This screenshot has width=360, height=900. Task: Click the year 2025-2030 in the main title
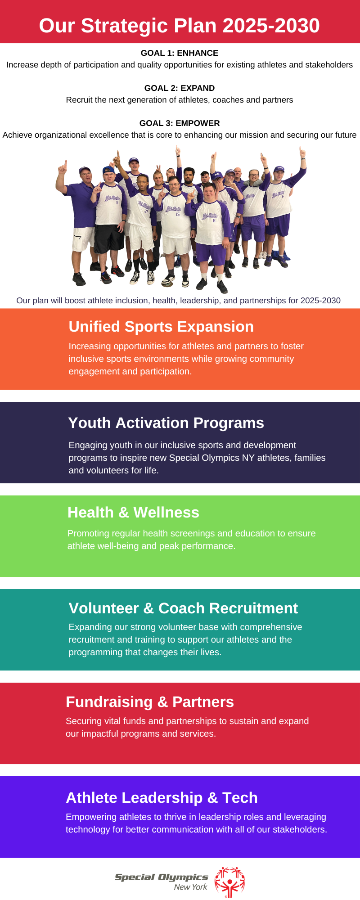(x=271, y=26)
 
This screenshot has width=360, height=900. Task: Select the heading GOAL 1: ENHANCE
(x=180, y=53)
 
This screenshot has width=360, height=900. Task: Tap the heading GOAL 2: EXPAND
(x=180, y=88)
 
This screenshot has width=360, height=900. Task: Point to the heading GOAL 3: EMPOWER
(x=180, y=123)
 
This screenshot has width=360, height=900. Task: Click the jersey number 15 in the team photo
(x=178, y=214)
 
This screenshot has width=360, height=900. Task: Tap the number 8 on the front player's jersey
(x=214, y=220)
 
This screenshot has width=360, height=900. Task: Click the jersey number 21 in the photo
(x=146, y=211)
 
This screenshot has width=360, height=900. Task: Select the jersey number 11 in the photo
(x=117, y=202)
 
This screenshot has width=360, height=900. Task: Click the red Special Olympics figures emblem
(x=230, y=882)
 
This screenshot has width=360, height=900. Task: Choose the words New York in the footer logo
(x=191, y=887)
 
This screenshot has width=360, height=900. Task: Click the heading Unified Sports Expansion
(x=161, y=327)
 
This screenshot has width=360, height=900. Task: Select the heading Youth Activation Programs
(x=166, y=423)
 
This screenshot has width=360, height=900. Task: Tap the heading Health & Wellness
(x=133, y=513)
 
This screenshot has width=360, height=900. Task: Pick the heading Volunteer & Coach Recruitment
(x=183, y=608)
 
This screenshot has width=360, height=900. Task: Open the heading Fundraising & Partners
(x=150, y=702)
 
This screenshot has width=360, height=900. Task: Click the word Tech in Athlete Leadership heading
(x=240, y=798)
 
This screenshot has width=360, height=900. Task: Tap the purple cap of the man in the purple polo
(x=85, y=170)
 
